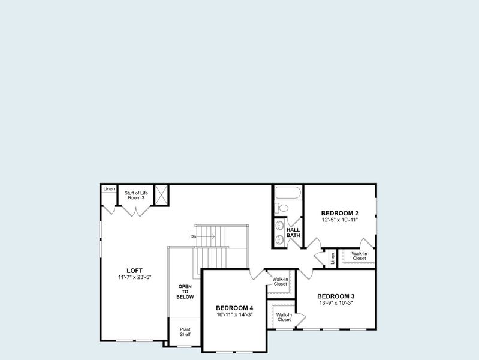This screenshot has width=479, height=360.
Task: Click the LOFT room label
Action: point(134,270)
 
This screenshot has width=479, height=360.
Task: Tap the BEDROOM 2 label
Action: point(339,213)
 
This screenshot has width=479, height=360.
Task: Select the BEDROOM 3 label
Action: point(336,296)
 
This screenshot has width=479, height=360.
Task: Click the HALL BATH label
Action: point(293,232)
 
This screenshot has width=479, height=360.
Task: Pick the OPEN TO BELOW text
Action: point(185,292)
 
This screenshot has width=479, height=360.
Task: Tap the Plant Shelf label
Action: point(185,332)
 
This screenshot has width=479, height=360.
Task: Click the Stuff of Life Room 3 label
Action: point(136,195)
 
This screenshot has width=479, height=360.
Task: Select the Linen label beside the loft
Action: point(109,190)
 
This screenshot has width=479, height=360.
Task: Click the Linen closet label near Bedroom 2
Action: point(332,259)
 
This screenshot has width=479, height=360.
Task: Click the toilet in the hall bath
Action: point(282,208)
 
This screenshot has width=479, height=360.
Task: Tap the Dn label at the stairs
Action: point(193,236)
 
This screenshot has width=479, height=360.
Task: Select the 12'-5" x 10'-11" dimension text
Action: point(339,220)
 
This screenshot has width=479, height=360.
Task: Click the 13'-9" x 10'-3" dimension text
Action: point(336,303)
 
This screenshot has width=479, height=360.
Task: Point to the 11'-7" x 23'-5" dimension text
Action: point(134,277)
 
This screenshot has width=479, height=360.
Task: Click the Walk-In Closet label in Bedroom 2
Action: point(359,256)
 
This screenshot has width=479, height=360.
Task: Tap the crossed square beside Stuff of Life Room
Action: point(161,194)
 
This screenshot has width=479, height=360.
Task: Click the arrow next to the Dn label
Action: point(206,236)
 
